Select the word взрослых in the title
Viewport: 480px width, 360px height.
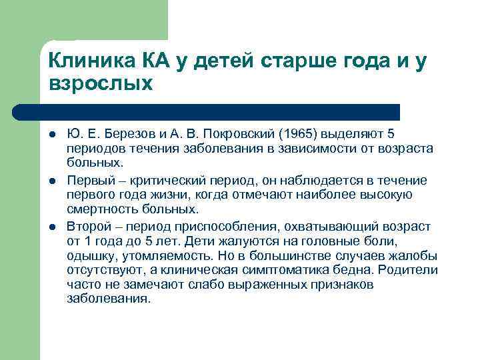101,85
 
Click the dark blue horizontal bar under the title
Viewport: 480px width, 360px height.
207,111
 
